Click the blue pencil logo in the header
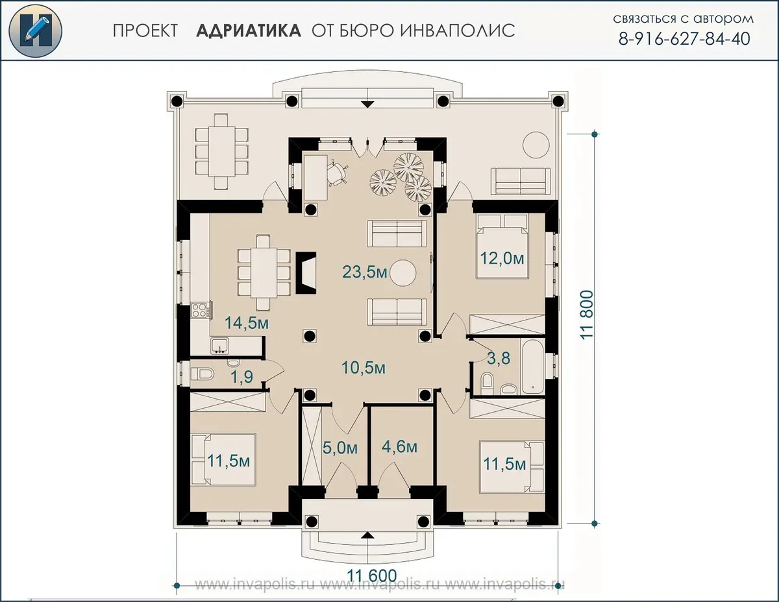35,31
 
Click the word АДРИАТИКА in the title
249,30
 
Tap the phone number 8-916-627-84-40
684,39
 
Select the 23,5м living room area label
365,272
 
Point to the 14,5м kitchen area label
247,323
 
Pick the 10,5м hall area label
363,368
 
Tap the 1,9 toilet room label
242,377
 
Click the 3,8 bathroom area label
499,358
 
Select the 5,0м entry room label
340,448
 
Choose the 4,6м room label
399,448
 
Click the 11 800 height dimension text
587,315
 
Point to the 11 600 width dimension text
372,576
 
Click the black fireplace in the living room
306,273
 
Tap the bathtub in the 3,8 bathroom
532,367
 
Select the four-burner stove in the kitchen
201,311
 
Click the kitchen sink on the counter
219,346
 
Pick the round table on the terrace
536,145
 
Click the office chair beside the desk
338,173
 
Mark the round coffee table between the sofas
403,273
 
